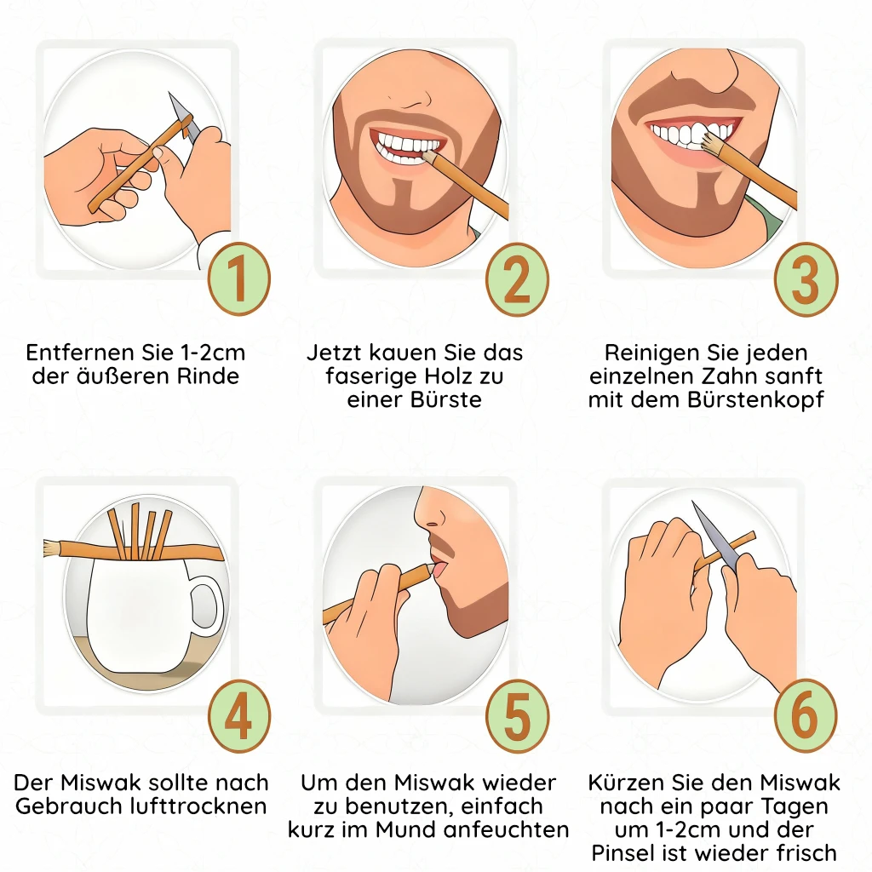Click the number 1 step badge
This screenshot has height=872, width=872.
pyautogui.click(x=239, y=278)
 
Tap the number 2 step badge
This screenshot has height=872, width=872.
pyautogui.click(x=517, y=279)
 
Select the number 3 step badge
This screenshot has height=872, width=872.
pyautogui.click(x=806, y=279)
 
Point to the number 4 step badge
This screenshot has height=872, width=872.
pyautogui.click(x=239, y=716)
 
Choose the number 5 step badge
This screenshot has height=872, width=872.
pyautogui.click(x=517, y=716)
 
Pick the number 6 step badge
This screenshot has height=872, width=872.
pyautogui.click(x=806, y=716)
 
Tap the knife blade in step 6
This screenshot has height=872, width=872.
pyautogui.click(x=715, y=536)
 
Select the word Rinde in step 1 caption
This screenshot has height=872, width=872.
pyautogui.click(x=208, y=376)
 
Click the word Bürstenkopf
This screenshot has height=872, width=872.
pyautogui.click(x=756, y=400)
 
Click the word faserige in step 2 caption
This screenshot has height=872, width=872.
pyautogui.click(x=368, y=377)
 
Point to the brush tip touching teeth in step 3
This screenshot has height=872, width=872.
pyautogui.click(x=710, y=144)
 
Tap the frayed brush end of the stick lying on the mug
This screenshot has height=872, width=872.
pyautogui.click(x=52, y=548)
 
